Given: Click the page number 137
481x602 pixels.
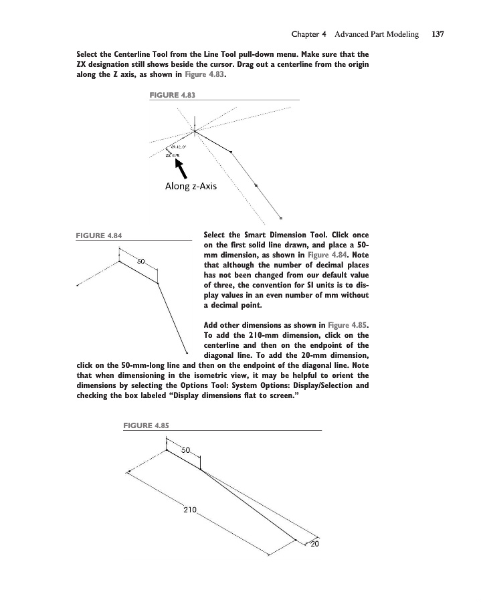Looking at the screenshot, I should click(438, 33).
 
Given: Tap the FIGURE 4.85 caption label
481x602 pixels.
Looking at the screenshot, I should click(147, 425).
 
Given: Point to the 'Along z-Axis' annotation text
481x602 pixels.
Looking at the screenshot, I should click(191, 186).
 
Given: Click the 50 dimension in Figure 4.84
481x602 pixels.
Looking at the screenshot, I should click(141, 260).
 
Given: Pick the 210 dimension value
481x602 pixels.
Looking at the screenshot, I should click(189, 510).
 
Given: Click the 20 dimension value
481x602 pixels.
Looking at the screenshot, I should click(315, 542).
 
